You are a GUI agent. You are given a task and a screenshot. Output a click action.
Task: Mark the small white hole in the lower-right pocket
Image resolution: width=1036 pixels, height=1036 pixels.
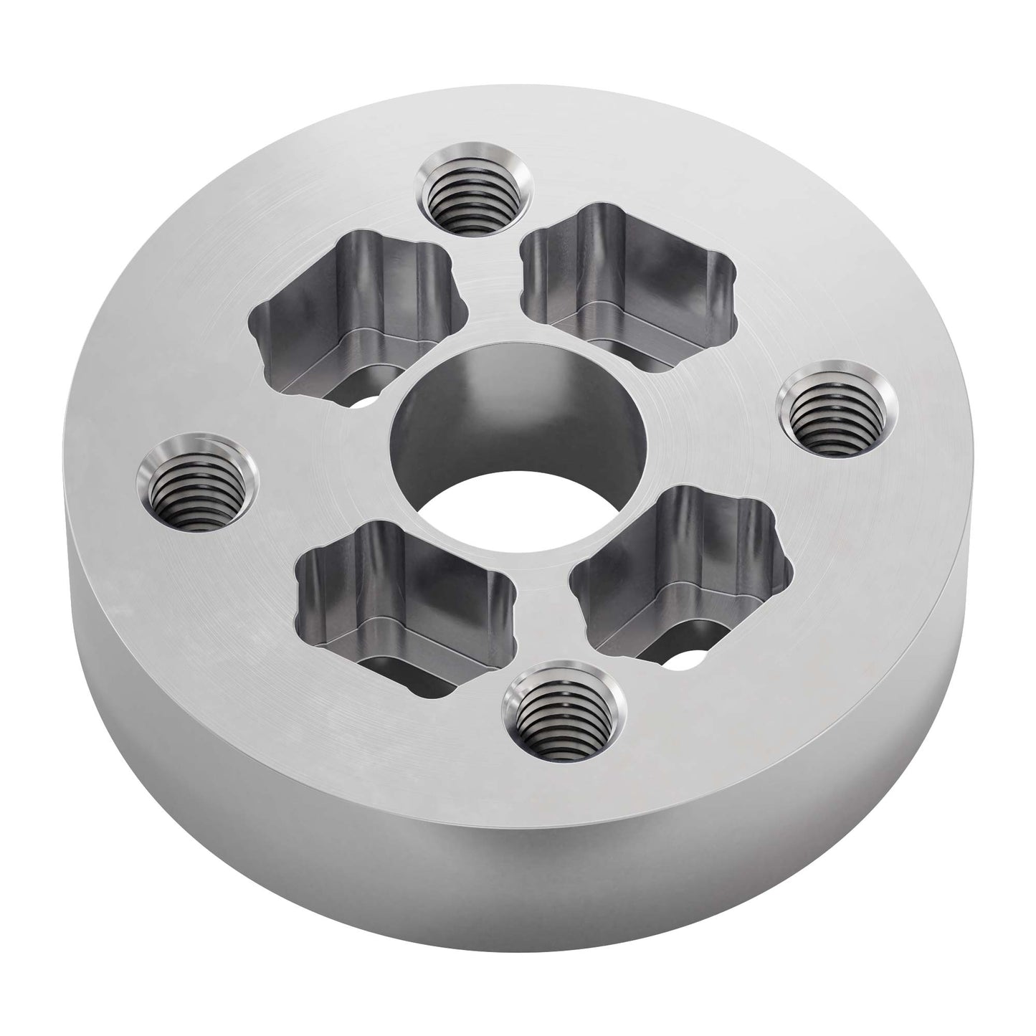691,658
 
